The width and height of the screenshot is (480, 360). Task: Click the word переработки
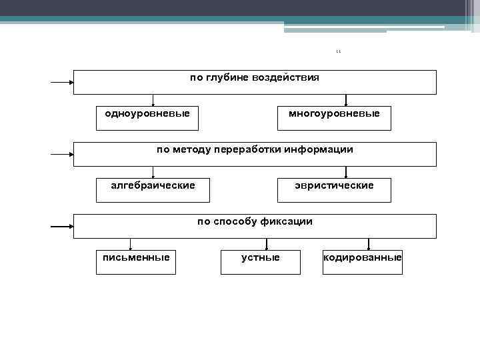pyautogui.click(x=247, y=149)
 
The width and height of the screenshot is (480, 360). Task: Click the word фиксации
pyautogui.click(x=287, y=221)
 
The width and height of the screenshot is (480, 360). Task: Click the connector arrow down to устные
pyautogui.click(x=267, y=245)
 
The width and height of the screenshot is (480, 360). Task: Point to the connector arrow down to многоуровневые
pyautogui.click(x=346, y=100)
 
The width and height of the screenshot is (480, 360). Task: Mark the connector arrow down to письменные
pyautogui.click(x=131, y=245)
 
